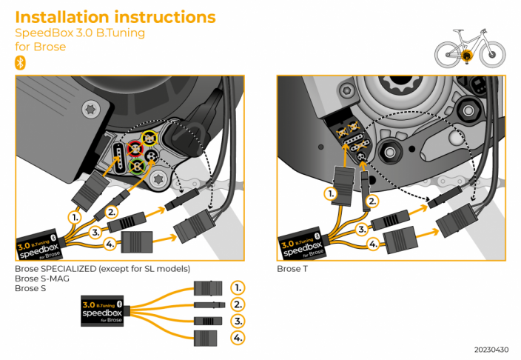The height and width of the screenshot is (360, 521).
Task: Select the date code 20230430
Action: (x=492, y=349)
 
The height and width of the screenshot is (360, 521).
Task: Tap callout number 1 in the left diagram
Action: (x=74, y=218)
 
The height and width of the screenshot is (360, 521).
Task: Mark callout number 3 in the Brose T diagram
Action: (x=362, y=230)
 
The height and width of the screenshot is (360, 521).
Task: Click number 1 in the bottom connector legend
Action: (x=237, y=287)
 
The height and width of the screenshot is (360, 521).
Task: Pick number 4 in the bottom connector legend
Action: (x=237, y=338)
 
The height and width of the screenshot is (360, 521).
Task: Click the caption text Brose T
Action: (x=292, y=268)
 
